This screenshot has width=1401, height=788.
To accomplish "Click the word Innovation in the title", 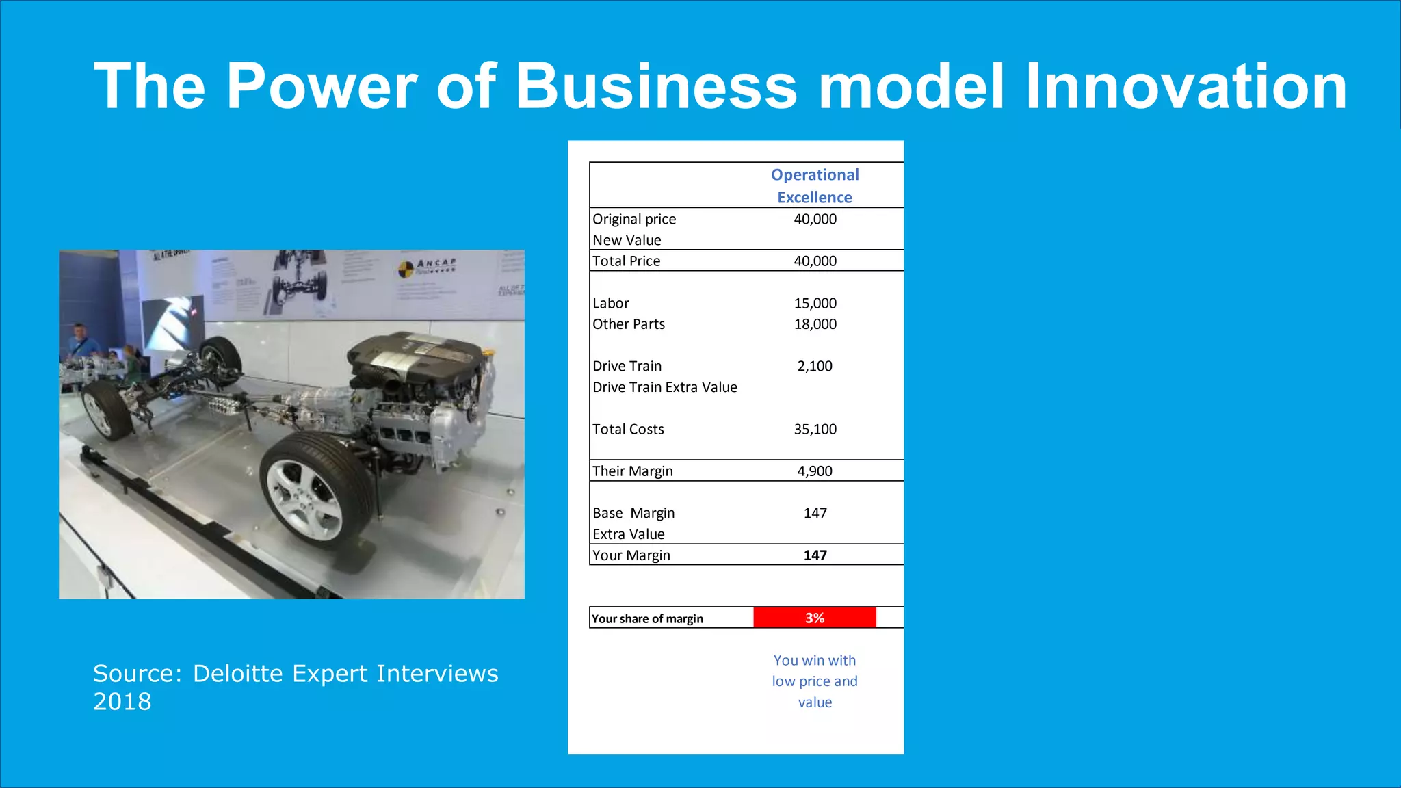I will pos(1186,86).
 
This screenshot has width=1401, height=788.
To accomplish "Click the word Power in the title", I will pos(322,86).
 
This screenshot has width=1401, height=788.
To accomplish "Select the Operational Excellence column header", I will pos(815,186).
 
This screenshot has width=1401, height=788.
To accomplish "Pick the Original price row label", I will pos(634,219).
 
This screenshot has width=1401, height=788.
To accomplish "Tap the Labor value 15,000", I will pos(815,303).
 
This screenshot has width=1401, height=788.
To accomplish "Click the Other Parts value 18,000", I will pos(815,324).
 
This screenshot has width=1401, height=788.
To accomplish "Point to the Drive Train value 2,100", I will pos(815,366).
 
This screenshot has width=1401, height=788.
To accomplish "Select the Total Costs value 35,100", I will pos(815,429).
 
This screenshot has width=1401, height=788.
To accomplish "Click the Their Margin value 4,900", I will pos(815,471).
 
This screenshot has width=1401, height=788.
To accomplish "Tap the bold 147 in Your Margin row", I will pos(815,555).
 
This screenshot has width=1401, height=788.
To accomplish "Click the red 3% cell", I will pos(815,618).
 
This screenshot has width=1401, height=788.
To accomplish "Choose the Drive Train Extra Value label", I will pos(665,387).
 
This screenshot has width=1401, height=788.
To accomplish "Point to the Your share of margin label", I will pos(647,618).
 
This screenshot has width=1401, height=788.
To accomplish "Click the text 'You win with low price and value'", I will pos(815,681).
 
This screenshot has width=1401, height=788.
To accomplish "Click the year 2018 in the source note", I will pos(122,702).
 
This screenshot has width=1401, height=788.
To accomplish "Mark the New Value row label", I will pos(627,240).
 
